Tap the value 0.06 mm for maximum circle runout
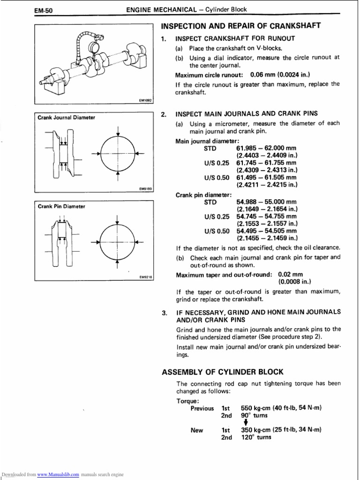pos(263,75)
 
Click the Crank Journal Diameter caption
pos(67,117)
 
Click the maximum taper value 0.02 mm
pos(290,275)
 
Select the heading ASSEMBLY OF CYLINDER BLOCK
pos(223,372)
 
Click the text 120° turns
pos(256,437)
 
